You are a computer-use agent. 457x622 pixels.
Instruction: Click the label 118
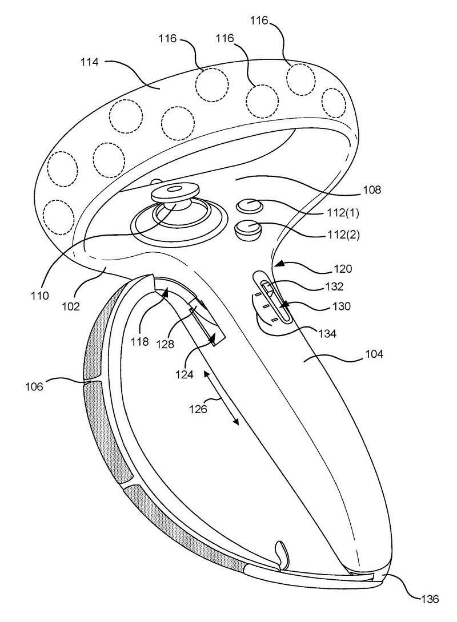[x=139, y=342]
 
